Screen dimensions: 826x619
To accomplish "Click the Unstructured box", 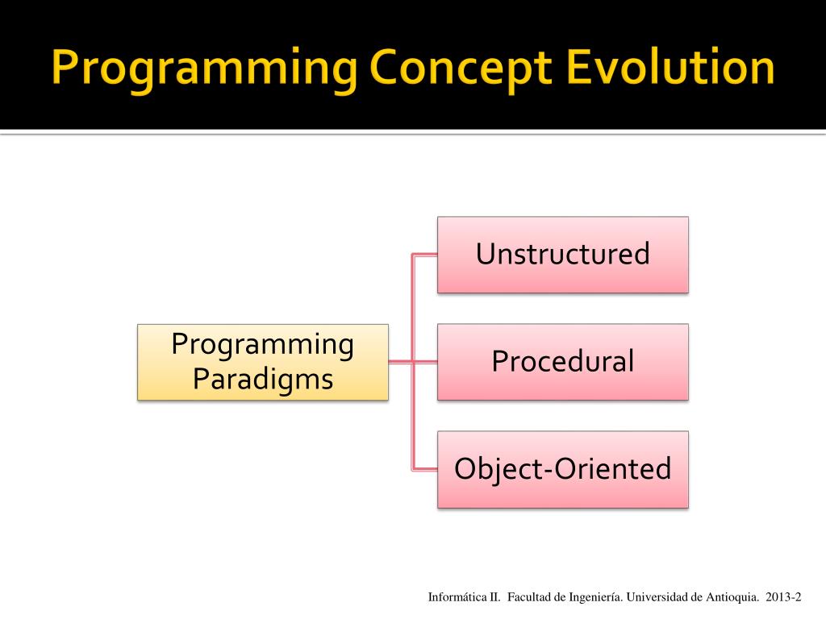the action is tap(562, 255).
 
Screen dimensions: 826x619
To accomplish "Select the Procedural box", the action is tap(562, 362).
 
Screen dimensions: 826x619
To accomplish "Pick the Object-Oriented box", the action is tap(562, 470).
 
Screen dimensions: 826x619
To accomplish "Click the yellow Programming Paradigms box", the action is tap(263, 362).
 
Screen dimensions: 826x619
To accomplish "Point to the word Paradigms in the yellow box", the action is tap(263, 380).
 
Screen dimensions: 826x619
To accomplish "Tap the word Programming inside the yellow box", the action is tap(263, 345).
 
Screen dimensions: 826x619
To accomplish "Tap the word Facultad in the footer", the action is tap(529, 597).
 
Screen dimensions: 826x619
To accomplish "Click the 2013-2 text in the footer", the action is tap(783, 597).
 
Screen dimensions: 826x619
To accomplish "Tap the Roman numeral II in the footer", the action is tap(494, 597).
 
